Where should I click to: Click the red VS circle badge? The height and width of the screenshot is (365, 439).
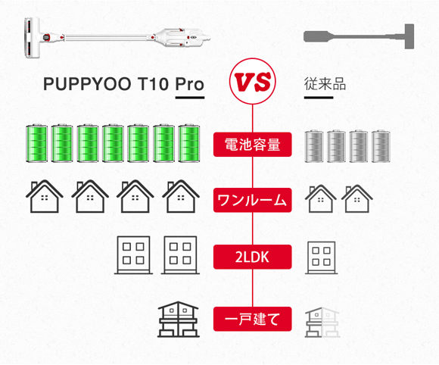pos(253,81)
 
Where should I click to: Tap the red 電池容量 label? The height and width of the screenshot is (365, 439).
pos(253,145)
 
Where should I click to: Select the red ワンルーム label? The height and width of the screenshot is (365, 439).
pos(253,200)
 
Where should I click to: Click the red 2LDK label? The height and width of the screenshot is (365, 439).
pos(253,257)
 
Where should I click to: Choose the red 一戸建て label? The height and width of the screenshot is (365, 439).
pos(253,319)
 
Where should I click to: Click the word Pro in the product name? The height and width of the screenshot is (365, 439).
pos(189,84)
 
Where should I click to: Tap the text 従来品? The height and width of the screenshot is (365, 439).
pos(325,84)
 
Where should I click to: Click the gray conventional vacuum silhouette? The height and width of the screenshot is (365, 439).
pos(359,36)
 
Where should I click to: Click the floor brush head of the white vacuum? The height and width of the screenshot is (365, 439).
pos(32,38)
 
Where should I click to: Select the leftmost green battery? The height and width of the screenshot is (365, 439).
pos(36,143)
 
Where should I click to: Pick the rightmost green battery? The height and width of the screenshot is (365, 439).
pos(189,143)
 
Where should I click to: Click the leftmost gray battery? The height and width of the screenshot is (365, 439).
pos(314,146)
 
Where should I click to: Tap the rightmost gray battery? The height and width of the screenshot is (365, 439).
pos(381,146)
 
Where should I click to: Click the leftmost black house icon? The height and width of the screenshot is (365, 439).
pos(44,196)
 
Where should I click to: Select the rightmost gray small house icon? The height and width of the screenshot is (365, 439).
pos(357,198)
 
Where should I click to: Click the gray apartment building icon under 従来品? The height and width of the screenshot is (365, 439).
pos(322,257)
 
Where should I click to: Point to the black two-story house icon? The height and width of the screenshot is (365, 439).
pos(179,319)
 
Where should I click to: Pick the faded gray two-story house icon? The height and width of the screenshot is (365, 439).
pos(322,323)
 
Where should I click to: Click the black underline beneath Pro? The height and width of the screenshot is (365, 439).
pos(190,98)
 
